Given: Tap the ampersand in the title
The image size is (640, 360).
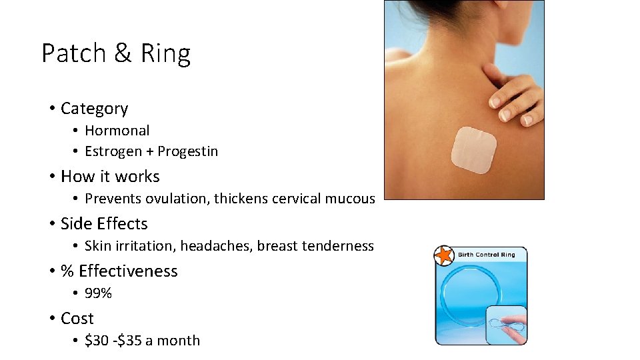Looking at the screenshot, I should [123, 53].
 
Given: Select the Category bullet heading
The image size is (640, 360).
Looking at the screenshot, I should [94, 109].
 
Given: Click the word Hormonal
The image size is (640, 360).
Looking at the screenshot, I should [117, 131].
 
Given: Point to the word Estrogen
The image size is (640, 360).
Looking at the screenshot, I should [113, 151].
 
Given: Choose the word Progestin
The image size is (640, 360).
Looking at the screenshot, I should [187, 151].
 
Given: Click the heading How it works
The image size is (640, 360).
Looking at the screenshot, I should [110, 177].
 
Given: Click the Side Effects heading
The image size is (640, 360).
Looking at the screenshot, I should [104, 224].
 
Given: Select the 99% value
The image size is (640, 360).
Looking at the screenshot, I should [98, 293].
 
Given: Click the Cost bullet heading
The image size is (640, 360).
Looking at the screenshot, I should [77, 319].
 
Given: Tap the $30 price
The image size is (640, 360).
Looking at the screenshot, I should [97, 341].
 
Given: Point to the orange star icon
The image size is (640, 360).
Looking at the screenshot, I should [443, 255].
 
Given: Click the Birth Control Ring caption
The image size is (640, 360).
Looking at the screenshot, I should [487, 255].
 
